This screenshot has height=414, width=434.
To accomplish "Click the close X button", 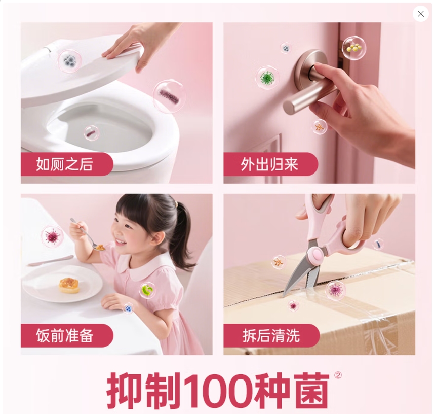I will pos(420,14).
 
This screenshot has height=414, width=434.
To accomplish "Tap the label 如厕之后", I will pos(65,164).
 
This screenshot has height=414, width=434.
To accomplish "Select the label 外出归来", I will pos(269,164).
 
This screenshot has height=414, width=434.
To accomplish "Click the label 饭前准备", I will pos(65,335).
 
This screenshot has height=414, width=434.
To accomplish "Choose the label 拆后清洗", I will pos(271,335).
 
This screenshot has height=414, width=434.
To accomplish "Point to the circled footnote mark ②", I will pos(338,375).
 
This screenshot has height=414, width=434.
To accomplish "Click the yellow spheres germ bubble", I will pos(353,48).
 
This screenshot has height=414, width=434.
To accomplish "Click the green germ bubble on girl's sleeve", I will pos(147,290).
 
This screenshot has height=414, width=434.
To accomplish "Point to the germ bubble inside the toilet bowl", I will pos(91,133).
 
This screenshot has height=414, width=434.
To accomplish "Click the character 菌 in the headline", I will pos(307,391).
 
